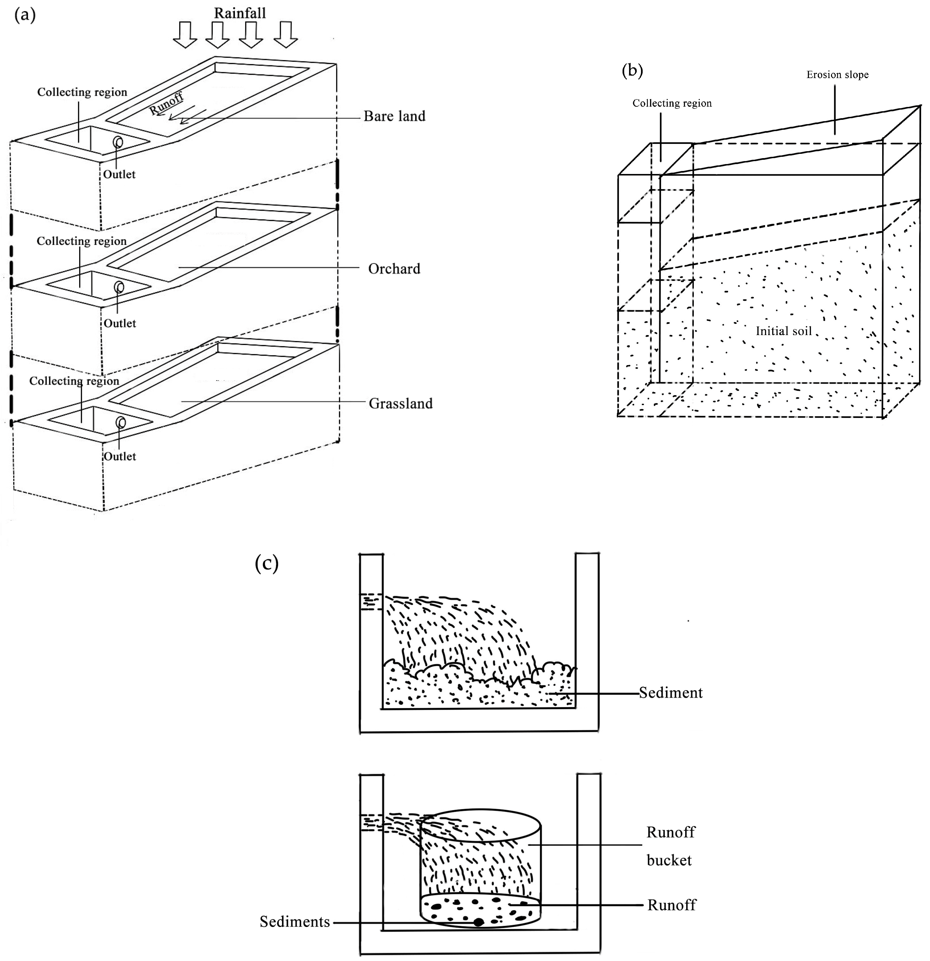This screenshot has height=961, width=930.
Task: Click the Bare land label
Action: click(x=395, y=116)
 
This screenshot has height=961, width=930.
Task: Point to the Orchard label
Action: click(x=395, y=269)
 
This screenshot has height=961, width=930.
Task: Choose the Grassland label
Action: click(x=401, y=403)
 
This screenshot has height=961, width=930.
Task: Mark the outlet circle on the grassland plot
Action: click(x=120, y=423)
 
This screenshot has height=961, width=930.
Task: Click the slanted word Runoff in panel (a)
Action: click(x=167, y=103)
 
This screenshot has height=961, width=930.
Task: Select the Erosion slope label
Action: click(x=837, y=75)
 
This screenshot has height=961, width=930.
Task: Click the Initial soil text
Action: click(x=784, y=331)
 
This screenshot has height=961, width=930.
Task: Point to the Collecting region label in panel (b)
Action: click(x=672, y=103)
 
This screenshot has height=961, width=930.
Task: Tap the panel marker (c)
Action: click(x=267, y=563)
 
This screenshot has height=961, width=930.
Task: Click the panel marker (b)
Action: click(x=632, y=71)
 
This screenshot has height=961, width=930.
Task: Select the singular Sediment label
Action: click(x=671, y=693)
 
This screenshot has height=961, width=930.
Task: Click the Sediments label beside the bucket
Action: click(x=295, y=922)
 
